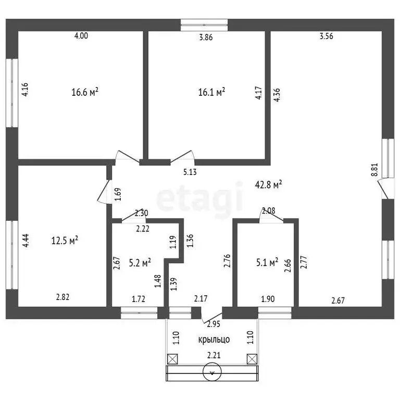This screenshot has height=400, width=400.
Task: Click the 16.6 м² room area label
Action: pyautogui.click(x=85, y=92)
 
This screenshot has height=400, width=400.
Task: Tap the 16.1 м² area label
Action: pyautogui.click(x=212, y=92)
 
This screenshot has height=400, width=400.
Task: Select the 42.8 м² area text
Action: pyautogui.click(x=268, y=184)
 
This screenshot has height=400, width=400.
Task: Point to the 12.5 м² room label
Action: pyautogui.click(x=65, y=240)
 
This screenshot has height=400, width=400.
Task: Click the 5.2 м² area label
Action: pyautogui.click(x=140, y=262)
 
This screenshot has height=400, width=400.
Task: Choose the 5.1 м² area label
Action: pyautogui.click(x=267, y=262)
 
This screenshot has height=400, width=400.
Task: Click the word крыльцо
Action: pyautogui.click(x=214, y=340)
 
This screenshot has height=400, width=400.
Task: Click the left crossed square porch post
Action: pyautogui.click(x=172, y=359)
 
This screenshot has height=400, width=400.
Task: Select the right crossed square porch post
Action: pyautogui.click(x=252, y=359)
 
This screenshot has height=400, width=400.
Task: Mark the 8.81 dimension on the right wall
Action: pyautogui.click(x=374, y=170)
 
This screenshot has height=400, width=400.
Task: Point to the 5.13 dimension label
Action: pyautogui.click(x=190, y=172)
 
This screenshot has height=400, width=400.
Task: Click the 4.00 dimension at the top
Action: pyautogui.click(x=81, y=35)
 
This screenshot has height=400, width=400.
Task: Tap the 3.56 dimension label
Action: pyautogui.click(x=327, y=36)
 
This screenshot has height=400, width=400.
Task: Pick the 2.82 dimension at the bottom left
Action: pyautogui.click(x=63, y=297)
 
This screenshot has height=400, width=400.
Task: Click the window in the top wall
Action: pyautogui.click(x=204, y=25)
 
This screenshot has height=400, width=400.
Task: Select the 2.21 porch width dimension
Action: pyautogui.click(x=214, y=355)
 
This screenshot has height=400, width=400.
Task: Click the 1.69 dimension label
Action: pyautogui.click(x=118, y=194)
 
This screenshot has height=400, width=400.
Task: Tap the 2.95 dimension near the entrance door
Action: pyautogui.click(x=214, y=324)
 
